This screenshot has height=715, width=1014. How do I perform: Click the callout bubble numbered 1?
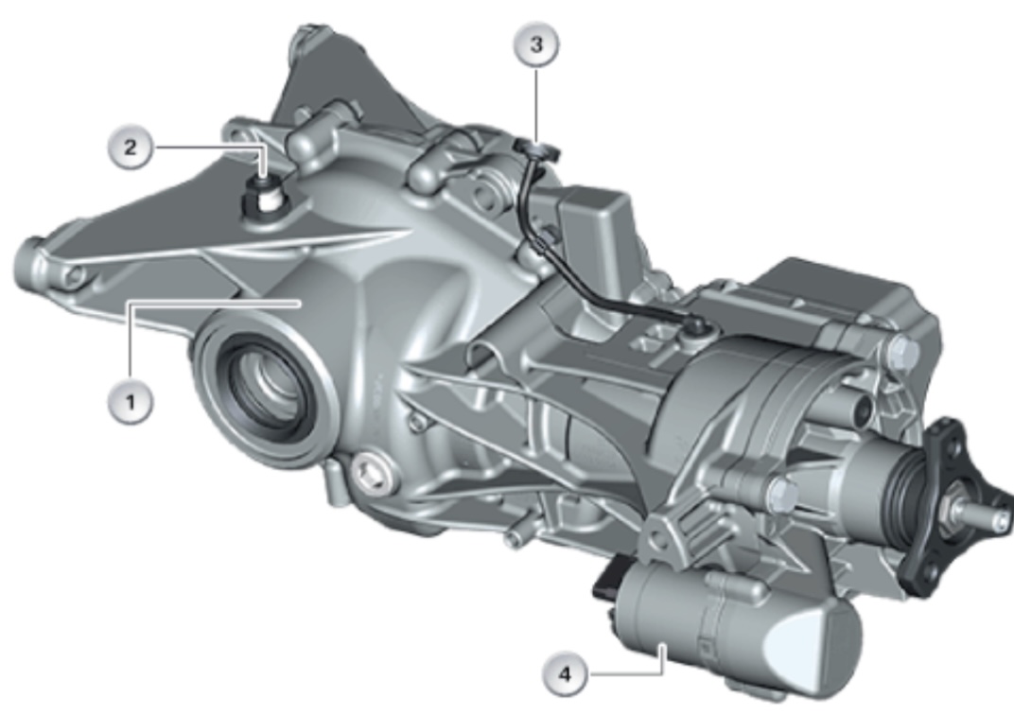[x=131, y=402]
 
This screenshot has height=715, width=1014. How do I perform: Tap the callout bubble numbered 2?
[x=131, y=148]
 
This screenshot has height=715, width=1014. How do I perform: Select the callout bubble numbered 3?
[x=536, y=44]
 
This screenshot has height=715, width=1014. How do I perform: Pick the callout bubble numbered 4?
[x=566, y=673]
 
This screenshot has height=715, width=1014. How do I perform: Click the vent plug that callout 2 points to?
[x=263, y=197]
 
